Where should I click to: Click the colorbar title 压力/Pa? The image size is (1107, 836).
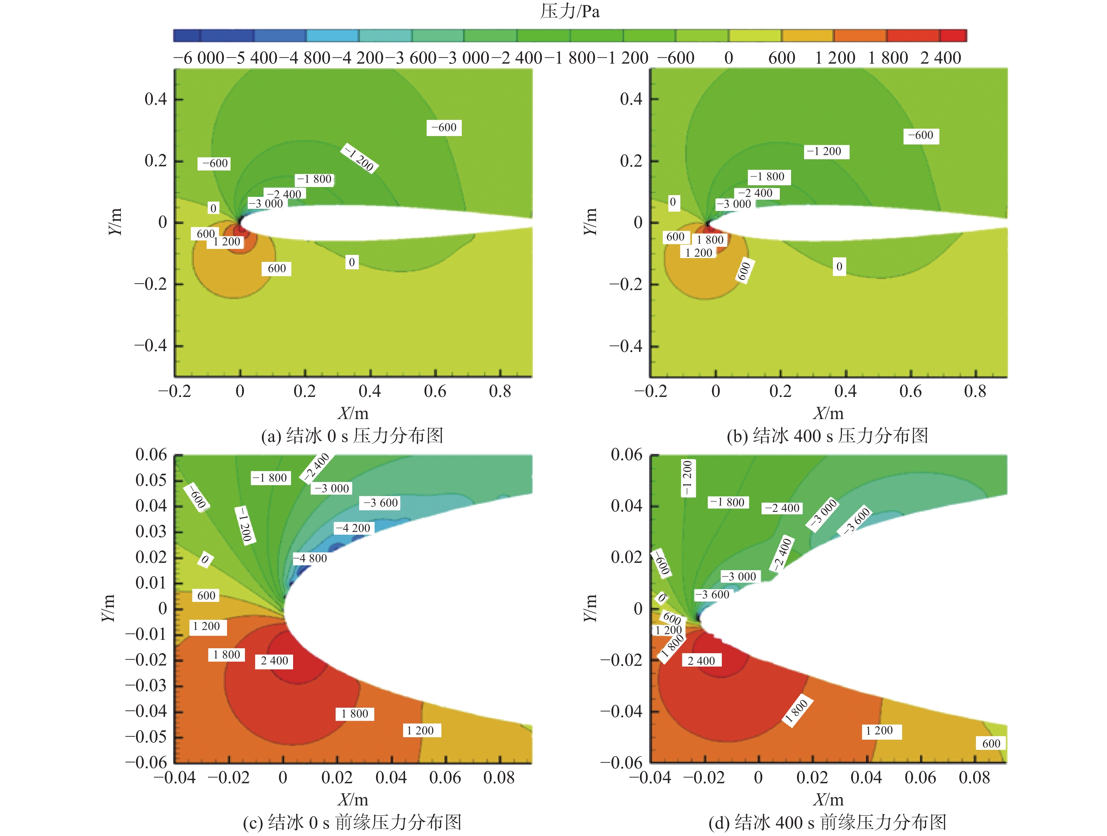click(x=570, y=11)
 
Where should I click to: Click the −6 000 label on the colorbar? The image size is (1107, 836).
click(x=199, y=58)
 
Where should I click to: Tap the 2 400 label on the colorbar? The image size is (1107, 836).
click(x=940, y=58)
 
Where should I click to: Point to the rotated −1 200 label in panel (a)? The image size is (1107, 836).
click(x=359, y=158)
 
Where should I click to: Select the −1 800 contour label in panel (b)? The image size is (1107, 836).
click(x=767, y=177)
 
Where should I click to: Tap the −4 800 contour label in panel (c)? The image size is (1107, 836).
click(x=310, y=558)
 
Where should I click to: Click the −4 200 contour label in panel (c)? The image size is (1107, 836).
click(x=353, y=528)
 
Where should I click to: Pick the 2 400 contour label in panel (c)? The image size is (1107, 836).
click(x=274, y=661)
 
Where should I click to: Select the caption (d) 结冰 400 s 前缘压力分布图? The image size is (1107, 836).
click(x=827, y=822)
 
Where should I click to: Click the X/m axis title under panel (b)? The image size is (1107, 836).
click(x=828, y=413)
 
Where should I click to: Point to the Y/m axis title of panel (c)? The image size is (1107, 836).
click(x=108, y=608)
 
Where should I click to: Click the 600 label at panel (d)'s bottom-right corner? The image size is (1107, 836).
click(x=991, y=744)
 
